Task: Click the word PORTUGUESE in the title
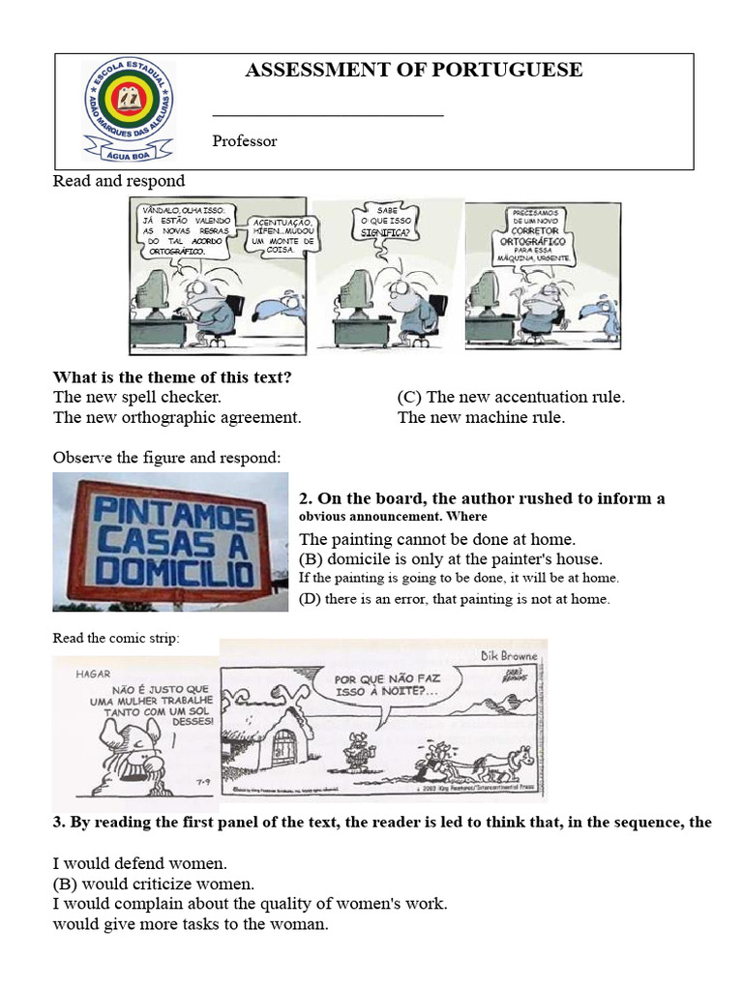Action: (x=519, y=70)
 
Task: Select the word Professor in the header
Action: (x=245, y=141)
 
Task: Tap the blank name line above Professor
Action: (x=327, y=115)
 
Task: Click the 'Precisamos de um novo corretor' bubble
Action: (x=542, y=236)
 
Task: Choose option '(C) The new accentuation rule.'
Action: (x=511, y=397)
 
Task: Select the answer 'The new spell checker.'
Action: (x=137, y=397)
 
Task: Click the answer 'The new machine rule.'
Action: (x=481, y=418)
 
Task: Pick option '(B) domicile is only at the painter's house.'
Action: (x=451, y=559)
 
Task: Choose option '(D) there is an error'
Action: (x=455, y=599)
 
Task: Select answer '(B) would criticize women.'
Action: (x=154, y=884)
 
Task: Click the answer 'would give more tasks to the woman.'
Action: (x=191, y=924)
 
